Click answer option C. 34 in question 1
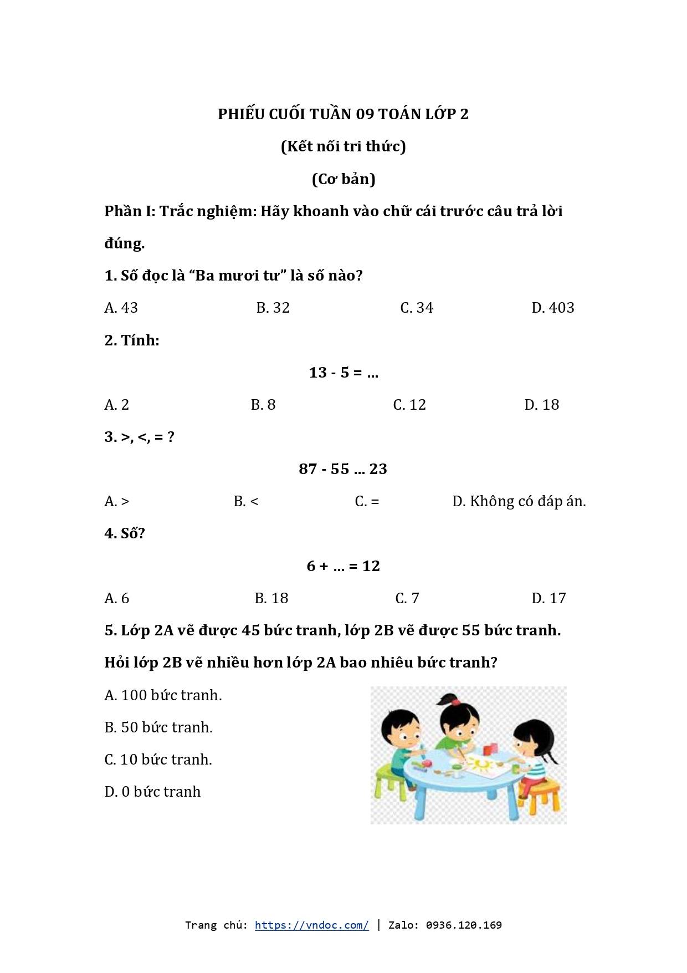coord(417,308)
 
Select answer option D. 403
coord(552,308)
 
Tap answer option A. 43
coord(121,308)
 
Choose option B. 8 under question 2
coord(263,405)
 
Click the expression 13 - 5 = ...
coord(343,373)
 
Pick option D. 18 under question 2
coord(541,405)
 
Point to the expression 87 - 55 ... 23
coord(343,469)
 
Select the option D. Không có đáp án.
coord(519,501)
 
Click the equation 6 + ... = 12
coord(343,566)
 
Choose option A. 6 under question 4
coord(116,598)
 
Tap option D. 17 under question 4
coord(548,598)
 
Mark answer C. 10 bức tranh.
coord(158,760)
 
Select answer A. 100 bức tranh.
coord(163,695)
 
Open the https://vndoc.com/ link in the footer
coord(311,925)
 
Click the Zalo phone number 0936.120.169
coord(464,925)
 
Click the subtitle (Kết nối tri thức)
coord(343,146)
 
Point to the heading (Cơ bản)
coord(343,179)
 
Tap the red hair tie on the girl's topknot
coord(455,701)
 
